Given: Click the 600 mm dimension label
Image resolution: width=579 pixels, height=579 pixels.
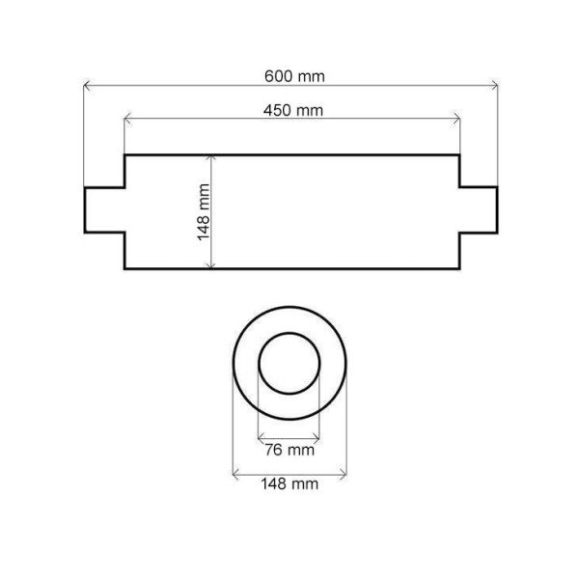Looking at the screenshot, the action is coord(294,76).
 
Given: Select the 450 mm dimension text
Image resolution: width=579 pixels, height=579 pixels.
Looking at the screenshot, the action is coord(293,110).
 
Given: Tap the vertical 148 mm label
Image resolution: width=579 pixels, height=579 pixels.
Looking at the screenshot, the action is coord(204,212).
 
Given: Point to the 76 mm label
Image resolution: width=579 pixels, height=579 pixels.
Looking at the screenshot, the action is coord(289,450).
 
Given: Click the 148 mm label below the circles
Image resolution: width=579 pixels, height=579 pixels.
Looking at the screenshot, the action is coord(289,483).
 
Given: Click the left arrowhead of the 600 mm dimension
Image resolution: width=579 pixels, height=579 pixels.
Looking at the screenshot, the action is coord(87,86).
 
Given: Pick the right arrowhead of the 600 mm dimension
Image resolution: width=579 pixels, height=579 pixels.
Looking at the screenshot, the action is coord(495,86).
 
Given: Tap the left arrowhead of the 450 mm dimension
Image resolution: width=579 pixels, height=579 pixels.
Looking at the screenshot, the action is coord(127,119).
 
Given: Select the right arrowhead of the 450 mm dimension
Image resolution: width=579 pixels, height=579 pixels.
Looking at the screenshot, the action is coord(456,119).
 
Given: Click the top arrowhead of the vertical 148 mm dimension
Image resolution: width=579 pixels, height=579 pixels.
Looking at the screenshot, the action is coord(210,159).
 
